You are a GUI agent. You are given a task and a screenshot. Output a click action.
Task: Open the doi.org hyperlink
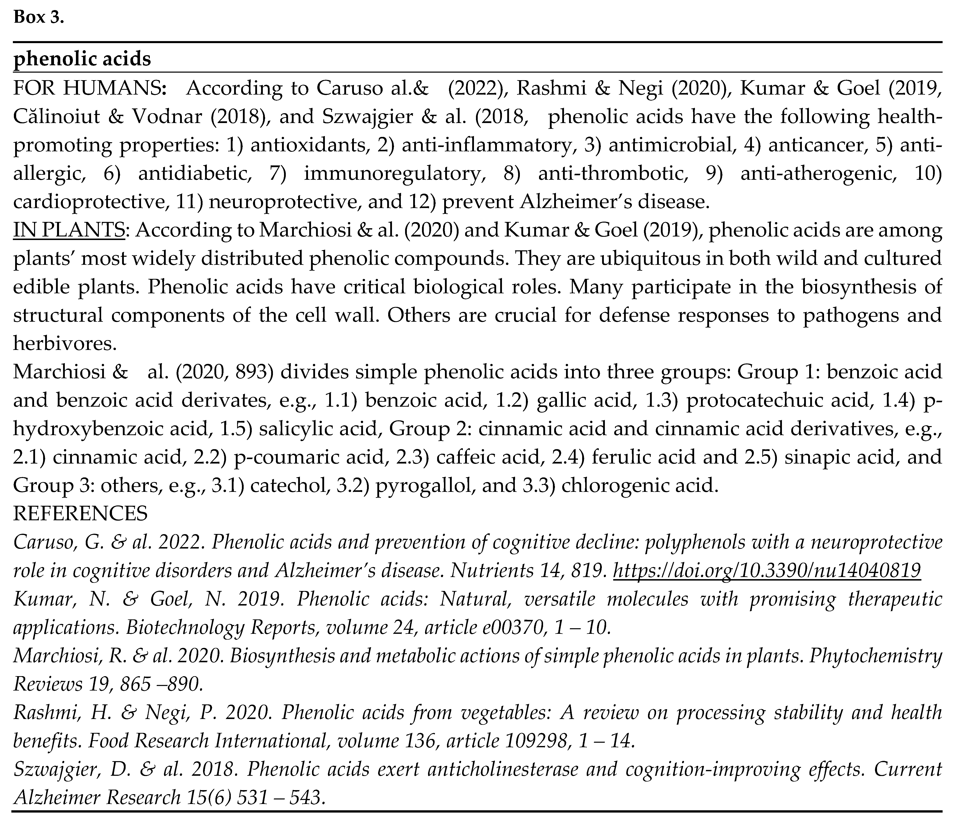point(767,571)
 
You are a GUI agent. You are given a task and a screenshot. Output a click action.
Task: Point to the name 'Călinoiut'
point(57,116)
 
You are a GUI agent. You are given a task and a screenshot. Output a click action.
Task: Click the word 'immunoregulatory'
point(392,173)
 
